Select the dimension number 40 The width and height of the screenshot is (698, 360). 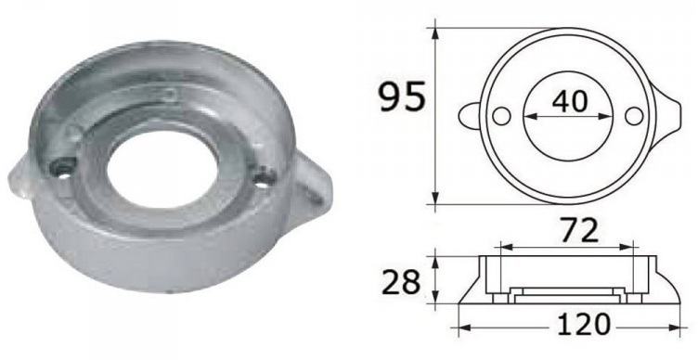569,101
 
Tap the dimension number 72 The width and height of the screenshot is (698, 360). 578,231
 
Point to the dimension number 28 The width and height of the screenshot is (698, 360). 401,282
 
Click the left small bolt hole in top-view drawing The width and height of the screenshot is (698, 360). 501,116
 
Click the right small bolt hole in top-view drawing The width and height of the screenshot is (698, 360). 634,116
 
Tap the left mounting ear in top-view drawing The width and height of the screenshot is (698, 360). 470,116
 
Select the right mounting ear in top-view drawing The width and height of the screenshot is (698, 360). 667,116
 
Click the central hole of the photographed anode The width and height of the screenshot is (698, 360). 162,169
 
